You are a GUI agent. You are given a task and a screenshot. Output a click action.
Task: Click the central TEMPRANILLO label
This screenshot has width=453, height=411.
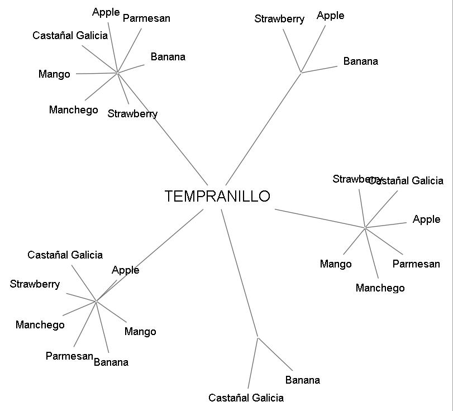217,197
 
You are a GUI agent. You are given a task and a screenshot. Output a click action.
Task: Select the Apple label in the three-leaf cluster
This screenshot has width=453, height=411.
330,16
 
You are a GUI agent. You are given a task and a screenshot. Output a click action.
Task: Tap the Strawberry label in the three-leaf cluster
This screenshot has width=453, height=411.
279,19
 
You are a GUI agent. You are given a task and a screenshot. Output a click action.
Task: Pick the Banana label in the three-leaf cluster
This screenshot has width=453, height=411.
360,61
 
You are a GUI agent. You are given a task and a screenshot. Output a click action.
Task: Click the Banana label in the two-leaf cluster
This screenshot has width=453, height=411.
302,380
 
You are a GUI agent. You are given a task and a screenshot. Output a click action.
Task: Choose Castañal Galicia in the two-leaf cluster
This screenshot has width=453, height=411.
246,398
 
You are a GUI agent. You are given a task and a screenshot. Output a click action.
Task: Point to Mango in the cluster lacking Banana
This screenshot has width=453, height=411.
336,264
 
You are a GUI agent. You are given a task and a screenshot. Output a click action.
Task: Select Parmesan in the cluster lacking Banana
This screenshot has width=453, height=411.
416,264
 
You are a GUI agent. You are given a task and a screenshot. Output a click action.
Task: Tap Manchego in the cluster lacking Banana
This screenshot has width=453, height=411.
380,288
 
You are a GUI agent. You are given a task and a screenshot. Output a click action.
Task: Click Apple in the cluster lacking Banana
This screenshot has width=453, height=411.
426,219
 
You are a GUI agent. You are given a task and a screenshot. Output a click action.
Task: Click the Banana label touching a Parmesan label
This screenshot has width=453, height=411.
111,362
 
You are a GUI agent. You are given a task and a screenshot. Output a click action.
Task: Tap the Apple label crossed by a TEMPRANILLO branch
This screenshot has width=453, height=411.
125,270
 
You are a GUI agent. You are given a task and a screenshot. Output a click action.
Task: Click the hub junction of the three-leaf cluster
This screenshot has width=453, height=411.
301,73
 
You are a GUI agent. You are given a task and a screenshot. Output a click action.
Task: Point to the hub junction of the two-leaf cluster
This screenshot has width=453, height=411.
258,337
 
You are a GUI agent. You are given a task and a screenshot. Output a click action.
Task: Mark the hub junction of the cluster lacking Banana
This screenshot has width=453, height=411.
365,228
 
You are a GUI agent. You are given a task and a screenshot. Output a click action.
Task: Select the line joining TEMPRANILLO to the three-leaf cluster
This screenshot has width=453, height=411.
263,128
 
